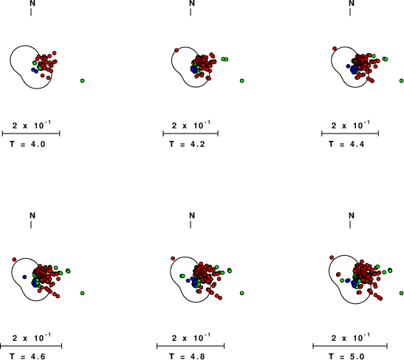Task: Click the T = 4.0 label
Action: tap(27, 144)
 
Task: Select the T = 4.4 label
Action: tap(346, 144)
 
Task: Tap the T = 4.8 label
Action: tap(187, 356)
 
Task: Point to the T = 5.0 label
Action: tap(346, 356)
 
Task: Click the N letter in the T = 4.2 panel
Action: tap(192, 3)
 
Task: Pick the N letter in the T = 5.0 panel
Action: tap(352, 215)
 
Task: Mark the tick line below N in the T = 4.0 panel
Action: tap(31, 12)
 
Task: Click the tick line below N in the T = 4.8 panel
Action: tap(191, 225)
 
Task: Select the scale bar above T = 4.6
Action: tap(31, 346)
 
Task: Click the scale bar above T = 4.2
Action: tap(191, 134)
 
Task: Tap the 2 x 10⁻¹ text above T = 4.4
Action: tap(350, 125)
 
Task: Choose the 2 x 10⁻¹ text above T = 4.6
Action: tap(32, 337)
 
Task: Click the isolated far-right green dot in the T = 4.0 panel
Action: tap(83, 81)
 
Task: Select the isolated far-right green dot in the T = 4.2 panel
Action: tap(242, 81)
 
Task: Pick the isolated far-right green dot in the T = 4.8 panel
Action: tap(242, 293)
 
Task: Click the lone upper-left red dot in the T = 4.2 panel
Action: tap(177, 50)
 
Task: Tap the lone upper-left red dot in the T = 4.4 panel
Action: tap(335, 49)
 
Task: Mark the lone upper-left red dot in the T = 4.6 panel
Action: tap(14, 260)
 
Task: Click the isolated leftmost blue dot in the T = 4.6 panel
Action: tap(24, 277)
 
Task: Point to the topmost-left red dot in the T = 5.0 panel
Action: tap(332, 257)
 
